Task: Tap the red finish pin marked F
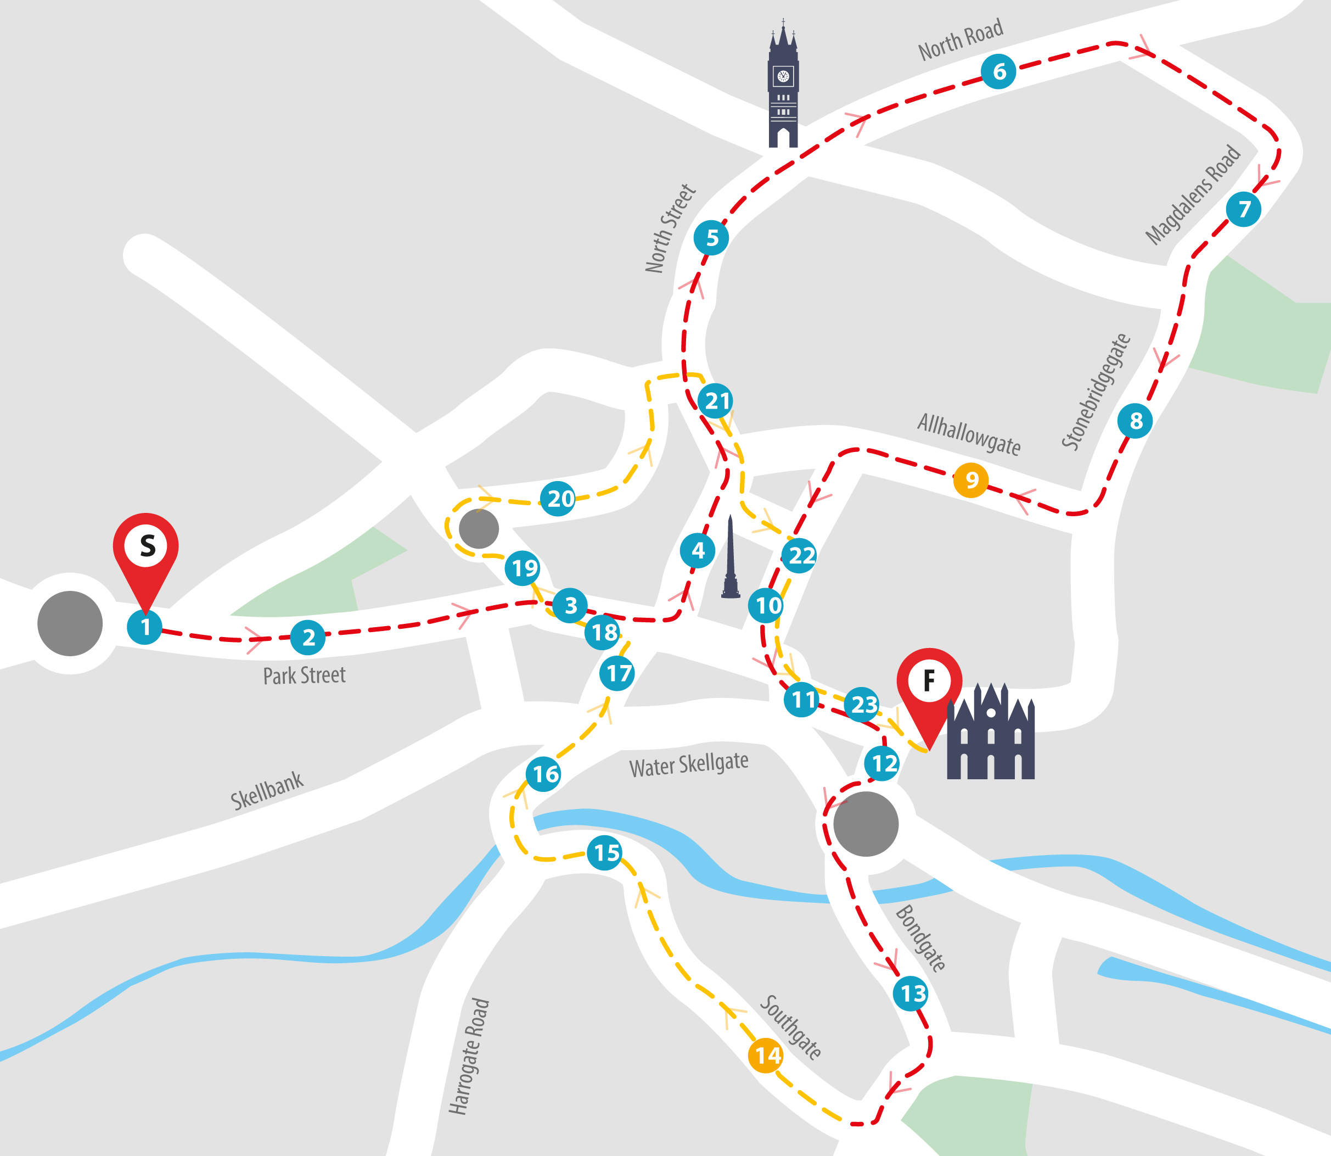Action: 929,684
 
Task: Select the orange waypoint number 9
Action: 970,480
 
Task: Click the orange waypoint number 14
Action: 766,1056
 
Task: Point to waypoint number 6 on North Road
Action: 998,71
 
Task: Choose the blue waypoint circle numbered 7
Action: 1243,209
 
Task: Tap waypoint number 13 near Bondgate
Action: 911,993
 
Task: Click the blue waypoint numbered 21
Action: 716,401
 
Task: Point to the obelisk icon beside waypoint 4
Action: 730,558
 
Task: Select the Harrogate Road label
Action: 469,1056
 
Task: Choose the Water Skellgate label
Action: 688,765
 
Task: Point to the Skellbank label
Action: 266,790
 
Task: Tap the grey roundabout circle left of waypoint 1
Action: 70,623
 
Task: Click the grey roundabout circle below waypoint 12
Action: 866,824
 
